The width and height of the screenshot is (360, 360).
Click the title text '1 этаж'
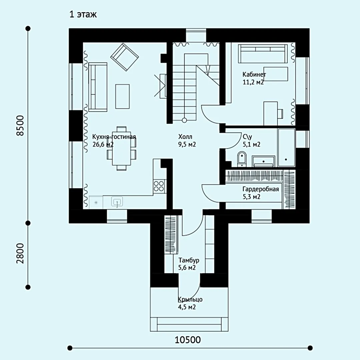click(83, 14)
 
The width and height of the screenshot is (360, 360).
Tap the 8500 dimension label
click(20, 126)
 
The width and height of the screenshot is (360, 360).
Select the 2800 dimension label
click(20, 253)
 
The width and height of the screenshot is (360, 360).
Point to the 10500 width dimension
click(188, 340)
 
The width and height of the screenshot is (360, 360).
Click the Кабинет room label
click(254, 74)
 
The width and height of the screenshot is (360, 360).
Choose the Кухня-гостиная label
click(114, 137)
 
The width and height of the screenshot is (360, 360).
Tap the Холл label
click(185, 137)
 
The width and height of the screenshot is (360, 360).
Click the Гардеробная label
click(261, 189)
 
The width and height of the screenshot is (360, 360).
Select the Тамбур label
click(189, 260)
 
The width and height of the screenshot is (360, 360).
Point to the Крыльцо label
click(190, 299)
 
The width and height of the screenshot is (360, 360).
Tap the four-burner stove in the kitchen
click(159, 186)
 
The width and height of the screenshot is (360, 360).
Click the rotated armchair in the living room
click(124, 57)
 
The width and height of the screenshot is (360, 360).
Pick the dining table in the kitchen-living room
click(121, 148)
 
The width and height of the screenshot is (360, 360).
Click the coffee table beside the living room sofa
click(122, 96)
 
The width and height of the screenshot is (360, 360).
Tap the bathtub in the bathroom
click(286, 147)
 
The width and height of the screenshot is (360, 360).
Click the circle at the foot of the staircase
click(184, 120)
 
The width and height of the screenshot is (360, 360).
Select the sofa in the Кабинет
click(263, 53)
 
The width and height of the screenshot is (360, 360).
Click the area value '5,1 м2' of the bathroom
click(251, 144)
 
